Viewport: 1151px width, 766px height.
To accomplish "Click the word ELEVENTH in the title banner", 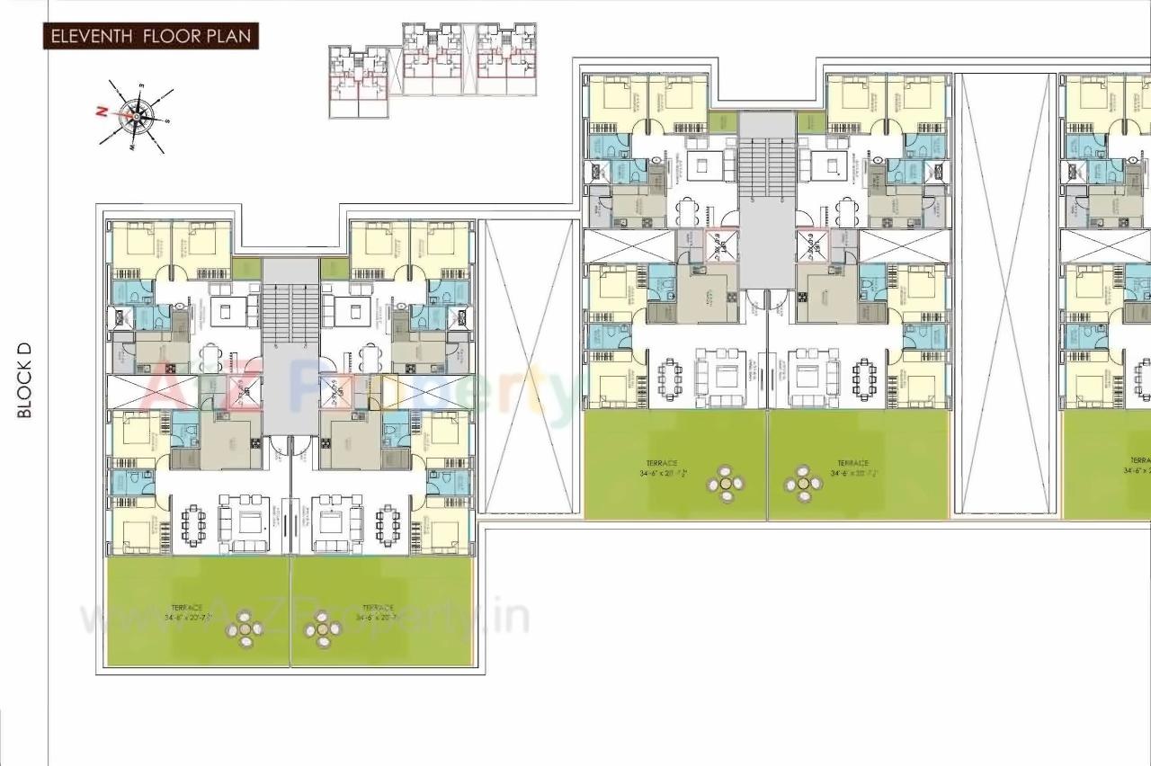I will coord(91,37).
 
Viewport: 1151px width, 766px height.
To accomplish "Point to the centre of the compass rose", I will coord(137,115).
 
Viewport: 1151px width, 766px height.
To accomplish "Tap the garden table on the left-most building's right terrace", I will coord(322,630).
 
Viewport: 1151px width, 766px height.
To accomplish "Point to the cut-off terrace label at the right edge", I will coord(1138,466).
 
